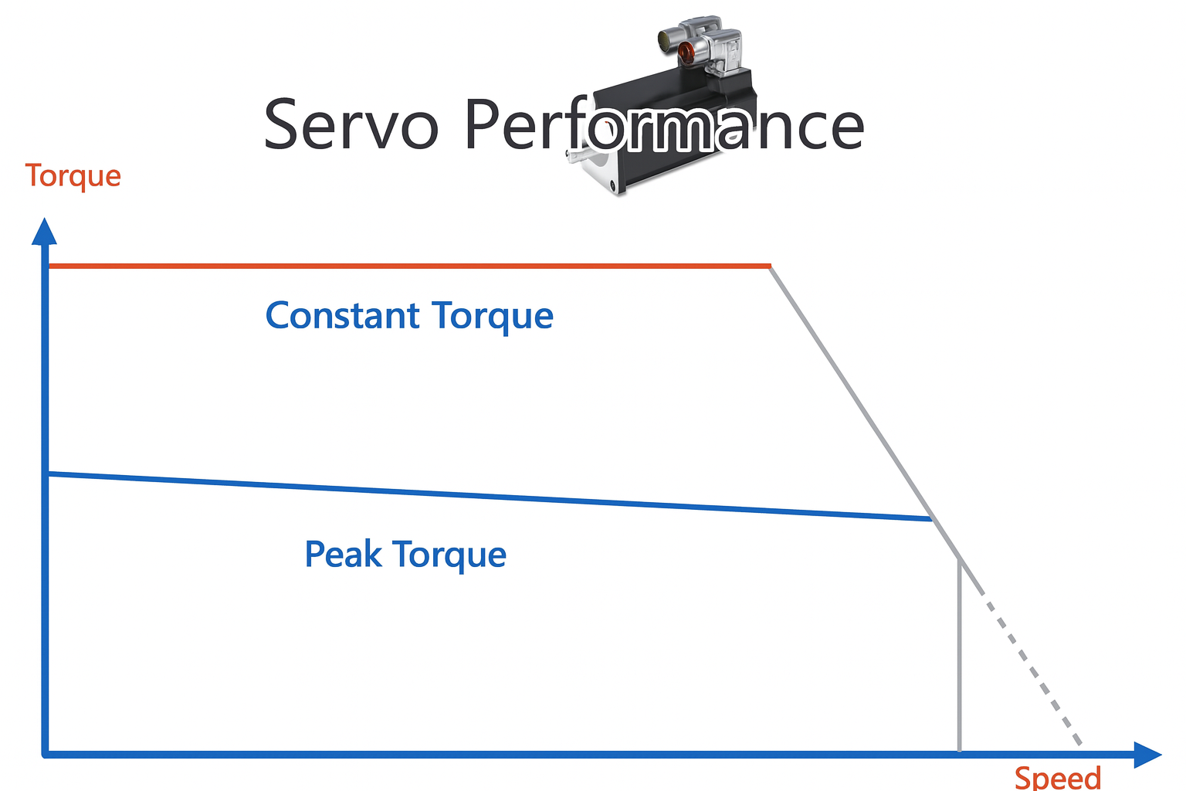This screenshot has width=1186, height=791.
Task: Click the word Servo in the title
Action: (x=351, y=125)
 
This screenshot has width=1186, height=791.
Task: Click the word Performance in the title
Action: (x=664, y=125)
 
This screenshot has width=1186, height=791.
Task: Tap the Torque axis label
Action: (x=73, y=176)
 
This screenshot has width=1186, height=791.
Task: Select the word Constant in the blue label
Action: (x=343, y=316)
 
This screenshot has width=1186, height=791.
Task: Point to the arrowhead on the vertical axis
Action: (x=44, y=231)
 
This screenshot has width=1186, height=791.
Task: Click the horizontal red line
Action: (x=386, y=266)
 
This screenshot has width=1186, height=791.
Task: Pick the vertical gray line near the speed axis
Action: (x=959, y=657)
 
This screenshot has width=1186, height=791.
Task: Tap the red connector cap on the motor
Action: (x=686, y=52)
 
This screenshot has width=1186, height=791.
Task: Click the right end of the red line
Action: (x=768, y=266)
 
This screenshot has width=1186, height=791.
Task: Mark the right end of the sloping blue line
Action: (x=930, y=519)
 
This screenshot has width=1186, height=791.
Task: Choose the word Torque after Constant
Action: (x=493, y=316)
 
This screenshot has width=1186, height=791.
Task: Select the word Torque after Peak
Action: (x=449, y=555)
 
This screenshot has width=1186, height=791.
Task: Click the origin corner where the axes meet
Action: (x=46, y=753)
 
